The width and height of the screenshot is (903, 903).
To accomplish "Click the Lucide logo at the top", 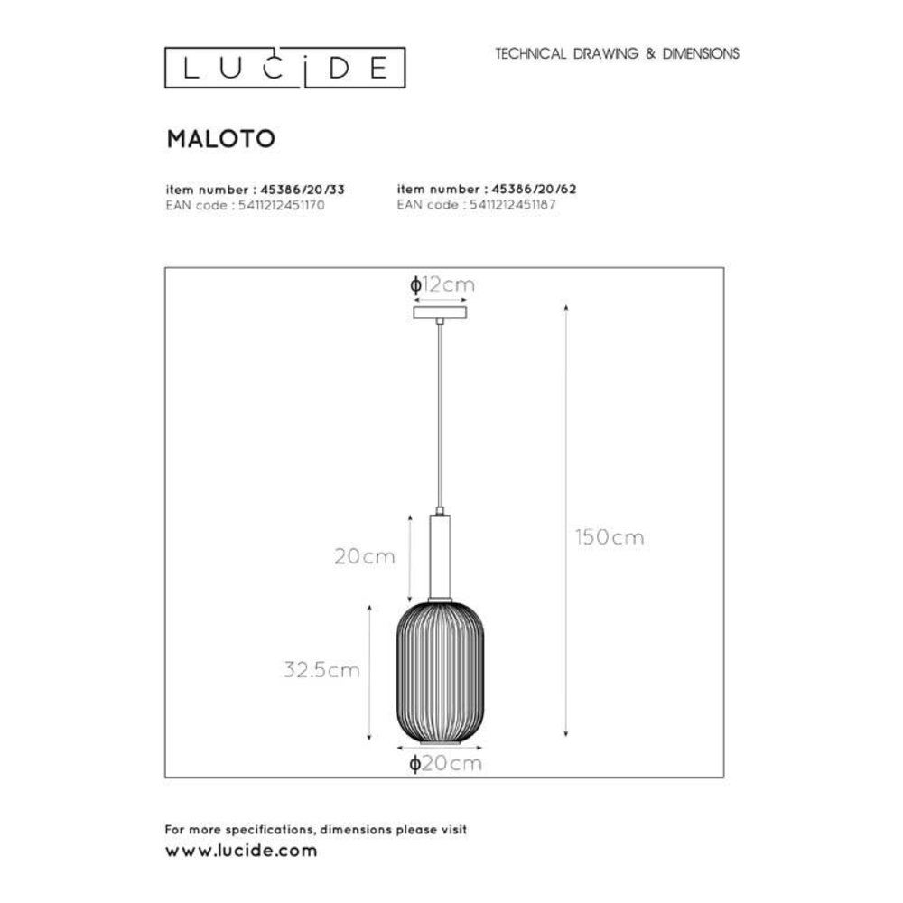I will [x=284, y=69].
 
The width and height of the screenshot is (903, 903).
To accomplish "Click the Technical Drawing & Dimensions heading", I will [x=617, y=53].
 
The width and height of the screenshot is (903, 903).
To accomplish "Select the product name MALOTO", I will [x=220, y=138].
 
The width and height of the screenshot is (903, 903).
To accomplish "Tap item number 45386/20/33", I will [x=256, y=191].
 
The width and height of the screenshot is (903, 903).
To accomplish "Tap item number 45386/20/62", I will [x=488, y=191].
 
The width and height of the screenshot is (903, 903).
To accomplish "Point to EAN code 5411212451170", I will [x=245, y=205].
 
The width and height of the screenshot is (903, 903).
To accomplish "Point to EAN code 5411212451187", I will [x=476, y=205].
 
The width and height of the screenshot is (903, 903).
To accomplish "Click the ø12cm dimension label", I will [x=442, y=285].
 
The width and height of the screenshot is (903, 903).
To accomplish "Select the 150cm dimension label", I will [x=610, y=537].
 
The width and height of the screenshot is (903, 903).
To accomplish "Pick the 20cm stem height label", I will [x=365, y=557].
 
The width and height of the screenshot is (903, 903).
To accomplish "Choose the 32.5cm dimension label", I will [x=321, y=670].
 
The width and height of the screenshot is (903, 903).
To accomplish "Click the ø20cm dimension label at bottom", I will [x=445, y=764].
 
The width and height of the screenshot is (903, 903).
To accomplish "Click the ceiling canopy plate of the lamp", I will [x=440, y=312].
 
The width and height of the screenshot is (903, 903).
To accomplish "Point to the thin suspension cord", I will [x=440, y=415].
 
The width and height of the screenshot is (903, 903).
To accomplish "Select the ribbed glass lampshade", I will [x=440, y=673].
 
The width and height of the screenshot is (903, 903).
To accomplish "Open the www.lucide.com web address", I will [x=241, y=851].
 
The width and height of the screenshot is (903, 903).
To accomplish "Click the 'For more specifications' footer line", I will [x=315, y=829].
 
